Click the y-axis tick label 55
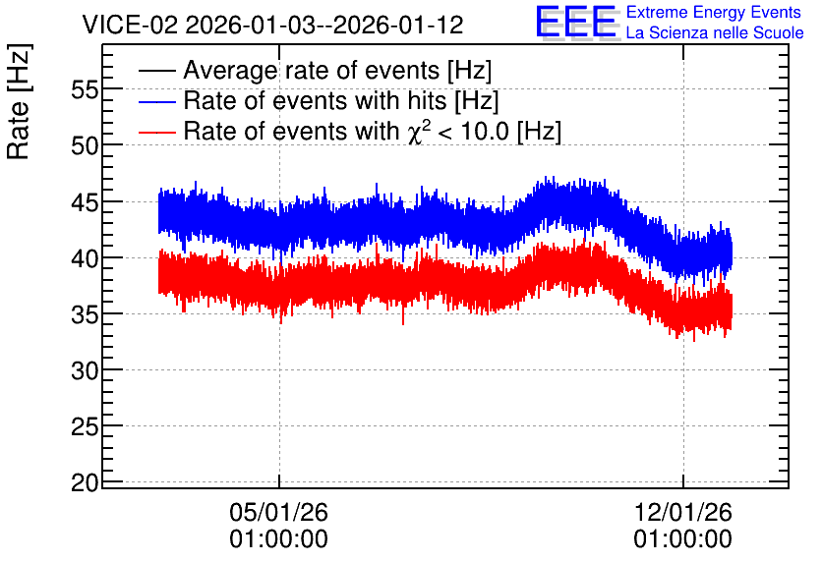pos(85,90)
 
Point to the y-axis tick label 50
pos(85,145)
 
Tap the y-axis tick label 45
pos(85,202)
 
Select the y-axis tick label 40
pos(85,258)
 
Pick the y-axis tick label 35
pos(85,314)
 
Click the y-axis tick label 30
pos(85,370)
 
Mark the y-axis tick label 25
pos(85,426)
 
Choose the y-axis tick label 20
pos(85,483)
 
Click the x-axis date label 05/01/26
pos(279,512)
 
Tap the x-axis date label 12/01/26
pos(683,512)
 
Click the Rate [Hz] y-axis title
pos(20,101)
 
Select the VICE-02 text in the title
pos(130,25)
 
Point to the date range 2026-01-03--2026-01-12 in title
pos(324,25)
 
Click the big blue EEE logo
pos(576,22)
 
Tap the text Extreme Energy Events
pos(714,12)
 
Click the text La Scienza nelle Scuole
pos(715,33)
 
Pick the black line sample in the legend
pos(156,71)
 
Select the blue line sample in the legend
pos(156,101)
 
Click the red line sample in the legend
pos(156,132)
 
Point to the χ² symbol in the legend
pos(419,132)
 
